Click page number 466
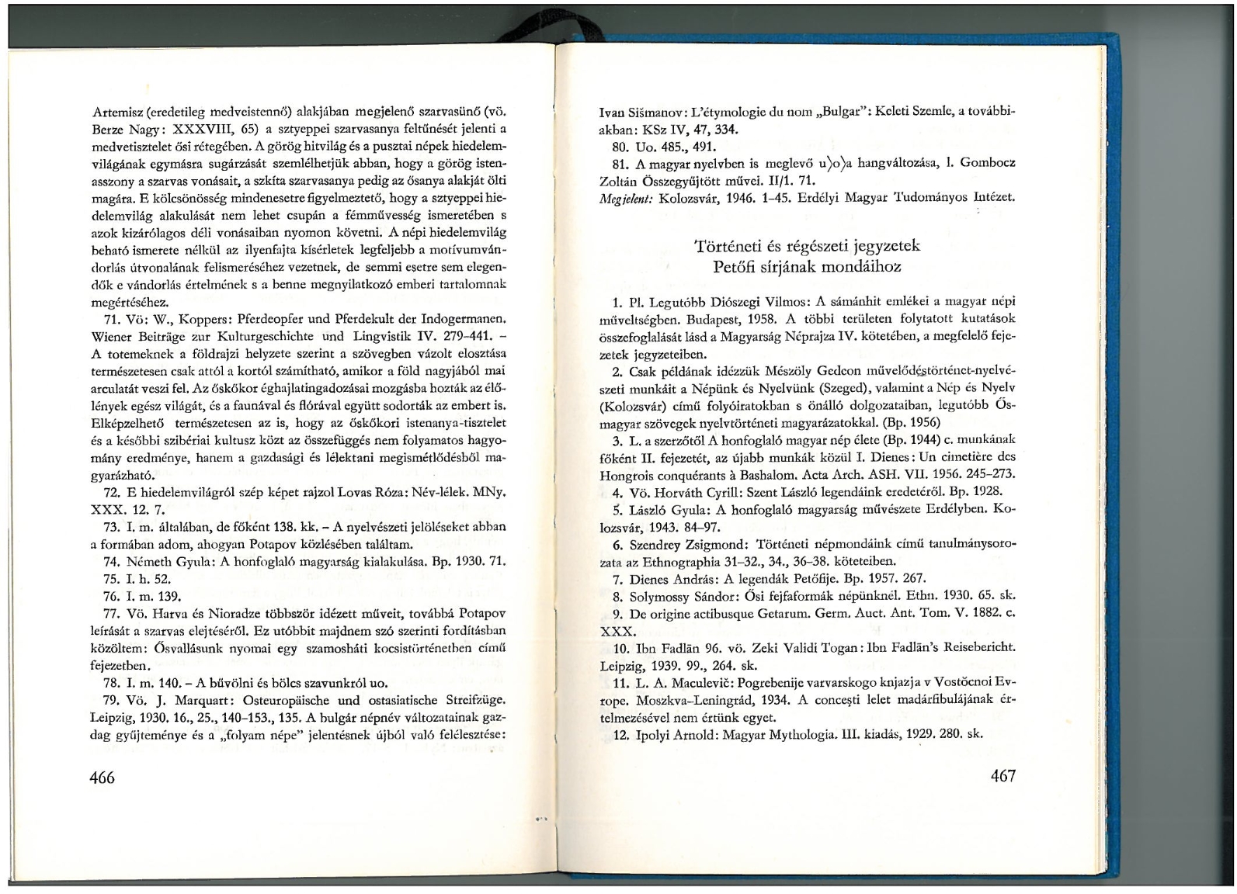click(x=103, y=777)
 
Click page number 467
click(x=1002, y=775)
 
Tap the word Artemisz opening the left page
click(x=116, y=112)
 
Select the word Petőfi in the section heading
click(x=738, y=267)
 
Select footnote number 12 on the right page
click(x=620, y=734)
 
